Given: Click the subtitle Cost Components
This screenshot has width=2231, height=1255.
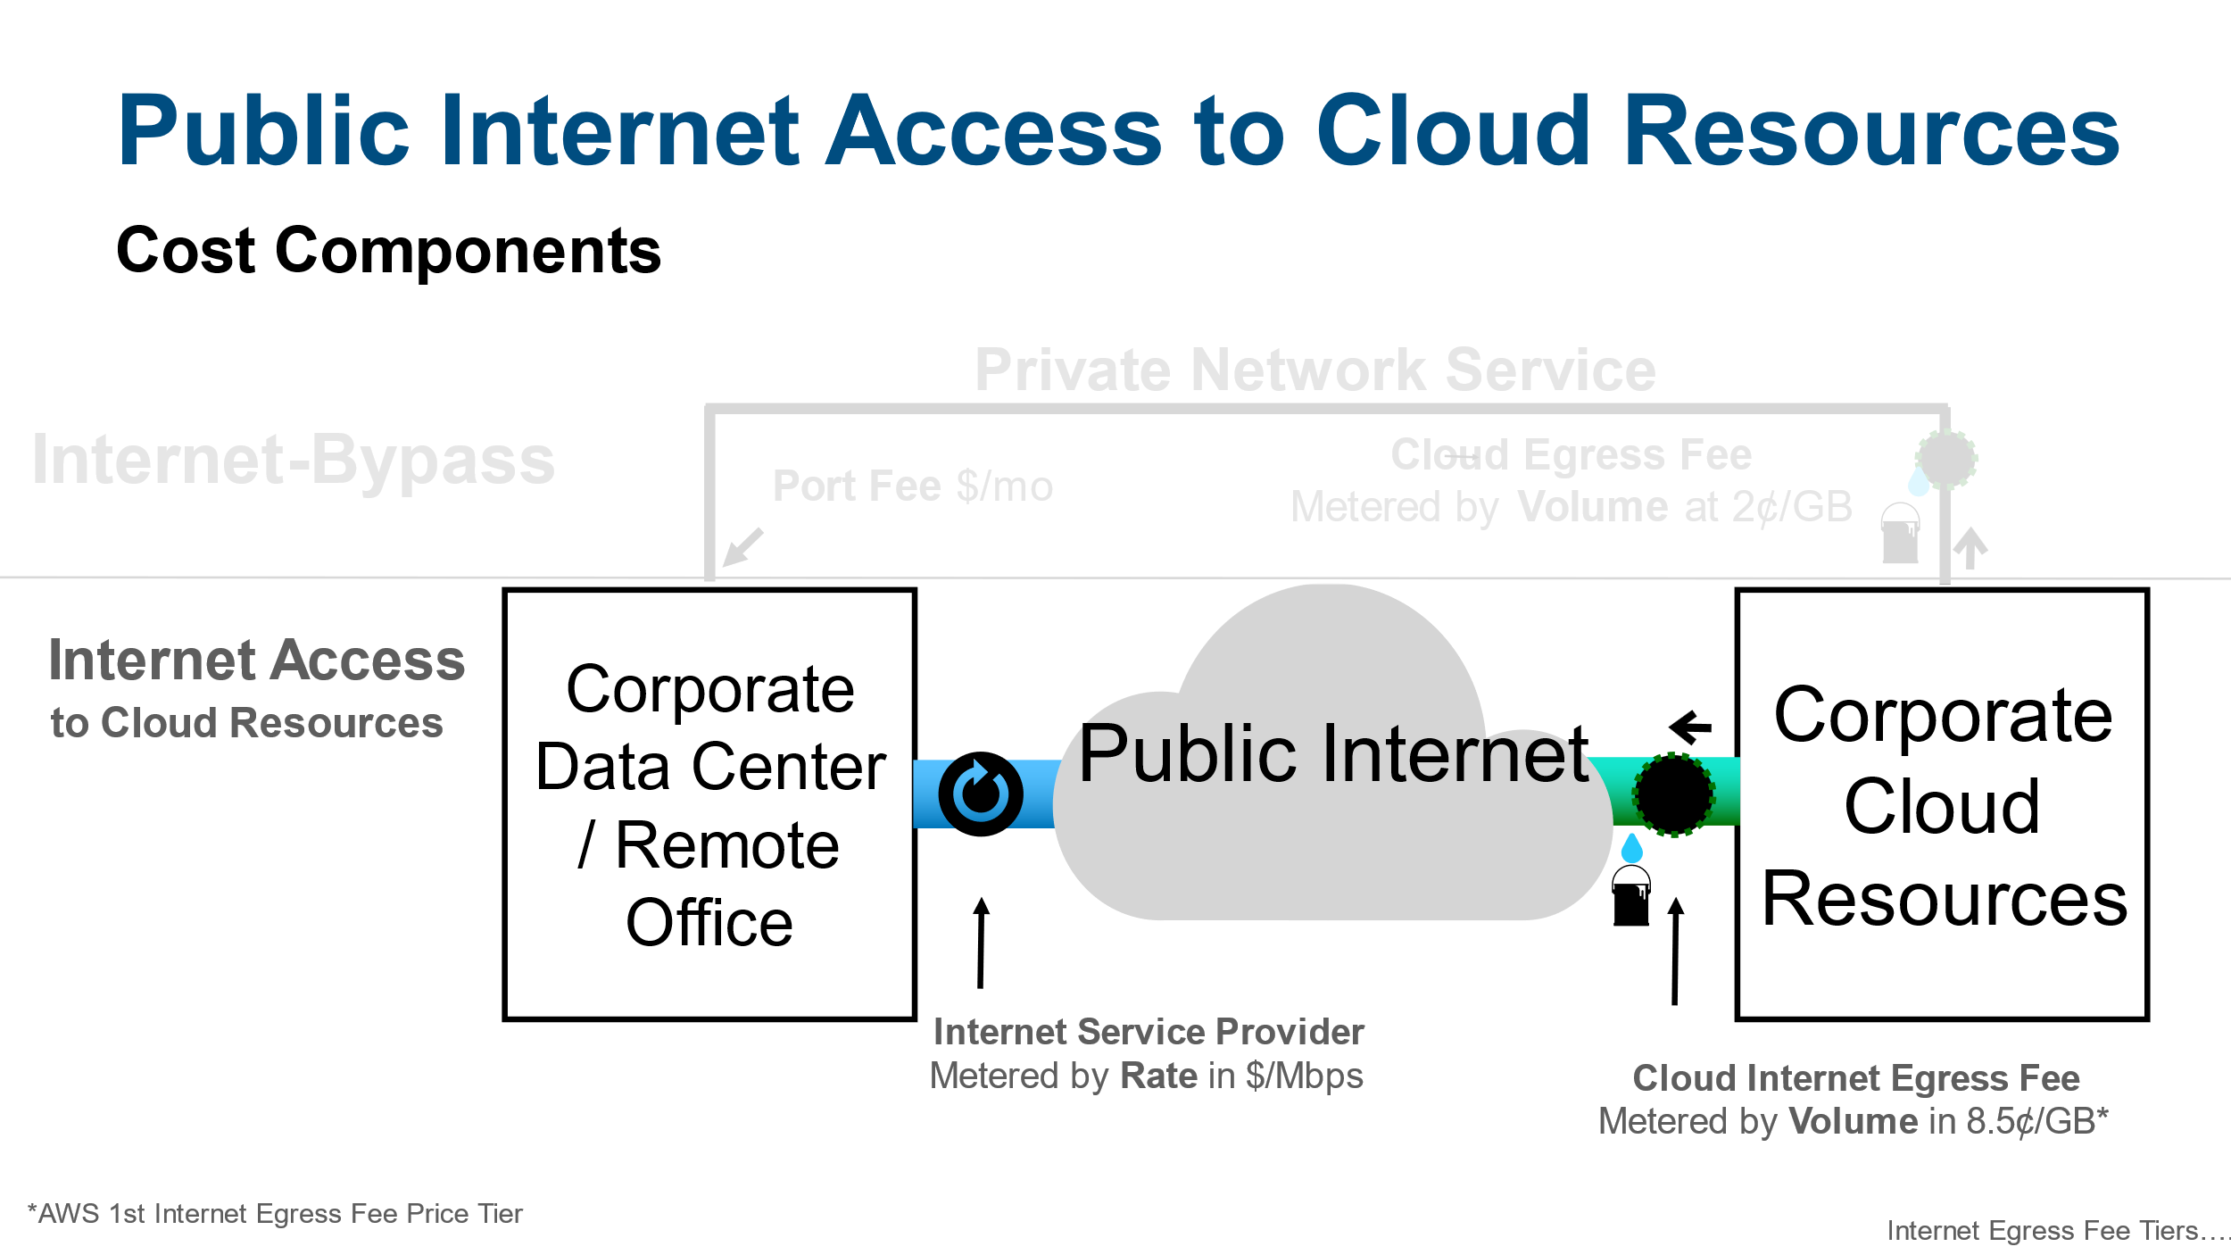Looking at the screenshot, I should click(388, 251).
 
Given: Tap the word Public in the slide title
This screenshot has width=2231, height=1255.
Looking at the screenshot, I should click(263, 131).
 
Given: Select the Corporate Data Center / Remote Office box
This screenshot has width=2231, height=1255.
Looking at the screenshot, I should click(709, 803).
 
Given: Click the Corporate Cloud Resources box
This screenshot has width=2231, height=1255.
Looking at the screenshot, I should click(1942, 803).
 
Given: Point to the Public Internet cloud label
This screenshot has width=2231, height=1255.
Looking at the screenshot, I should click(1333, 754).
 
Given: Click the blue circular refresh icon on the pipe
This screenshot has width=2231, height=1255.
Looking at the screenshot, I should click(980, 794).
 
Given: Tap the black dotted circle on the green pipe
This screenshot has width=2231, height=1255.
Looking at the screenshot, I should click(1673, 794).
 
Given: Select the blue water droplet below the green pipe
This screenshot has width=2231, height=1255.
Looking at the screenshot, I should click(1632, 847).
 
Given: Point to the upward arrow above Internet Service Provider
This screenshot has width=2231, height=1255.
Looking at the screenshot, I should click(981, 943).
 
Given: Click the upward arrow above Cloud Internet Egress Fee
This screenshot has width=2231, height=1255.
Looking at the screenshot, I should click(1676, 951).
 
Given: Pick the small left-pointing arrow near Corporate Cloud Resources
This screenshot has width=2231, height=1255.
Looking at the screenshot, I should click(1690, 727).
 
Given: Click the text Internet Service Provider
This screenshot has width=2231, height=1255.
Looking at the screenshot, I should click(1149, 1032).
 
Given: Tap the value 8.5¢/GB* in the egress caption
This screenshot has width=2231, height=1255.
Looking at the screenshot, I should click(2037, 1122).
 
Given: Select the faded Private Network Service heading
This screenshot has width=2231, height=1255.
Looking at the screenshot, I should click(1315, 370).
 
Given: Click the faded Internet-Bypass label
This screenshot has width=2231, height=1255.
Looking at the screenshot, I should click(294, 461).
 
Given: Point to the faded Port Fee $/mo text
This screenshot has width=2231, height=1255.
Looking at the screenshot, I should click(913, 486).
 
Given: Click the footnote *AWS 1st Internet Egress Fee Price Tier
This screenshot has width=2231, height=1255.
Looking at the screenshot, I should click(276, 1214).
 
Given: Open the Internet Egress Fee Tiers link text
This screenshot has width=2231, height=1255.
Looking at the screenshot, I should click(2056, 1231).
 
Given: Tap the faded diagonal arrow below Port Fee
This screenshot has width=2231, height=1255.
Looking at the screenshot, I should click(743, 546).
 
